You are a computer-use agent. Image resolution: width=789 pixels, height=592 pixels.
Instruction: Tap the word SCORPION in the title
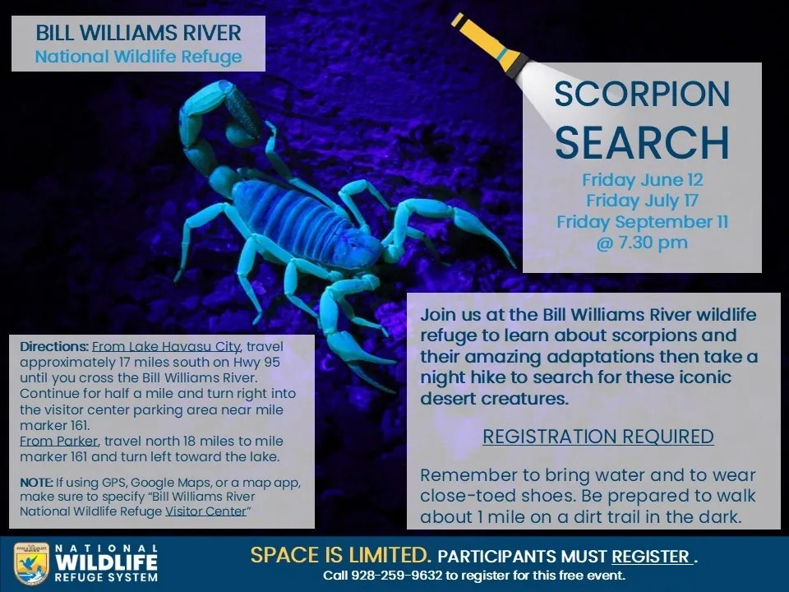[642, 94]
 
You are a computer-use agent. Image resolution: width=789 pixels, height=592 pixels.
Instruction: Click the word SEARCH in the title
[642, 142]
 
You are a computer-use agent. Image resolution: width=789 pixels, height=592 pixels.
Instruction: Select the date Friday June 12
[643, 180]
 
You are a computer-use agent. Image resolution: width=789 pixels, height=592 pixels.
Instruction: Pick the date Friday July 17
[642, 201]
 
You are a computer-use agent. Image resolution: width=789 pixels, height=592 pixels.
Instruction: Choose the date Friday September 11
[642, 221]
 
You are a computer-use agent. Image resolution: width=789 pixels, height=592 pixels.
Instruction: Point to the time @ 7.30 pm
[642, 242]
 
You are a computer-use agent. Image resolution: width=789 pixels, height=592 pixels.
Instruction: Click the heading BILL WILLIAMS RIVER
[138, 33]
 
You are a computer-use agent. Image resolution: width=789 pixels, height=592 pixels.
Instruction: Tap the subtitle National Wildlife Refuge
[138, 57]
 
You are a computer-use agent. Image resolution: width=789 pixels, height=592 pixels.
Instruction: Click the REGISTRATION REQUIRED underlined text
[598, 437]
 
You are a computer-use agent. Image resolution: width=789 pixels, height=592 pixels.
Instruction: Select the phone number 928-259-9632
[396, 575]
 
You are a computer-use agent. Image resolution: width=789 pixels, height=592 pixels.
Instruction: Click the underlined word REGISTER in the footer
[652, 557]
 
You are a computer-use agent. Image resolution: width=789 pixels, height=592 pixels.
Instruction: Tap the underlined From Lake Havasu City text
[166, 346]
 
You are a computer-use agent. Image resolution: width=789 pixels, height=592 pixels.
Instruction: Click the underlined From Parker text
[58, 441]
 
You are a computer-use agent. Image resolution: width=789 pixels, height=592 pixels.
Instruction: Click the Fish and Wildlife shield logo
[32, 563]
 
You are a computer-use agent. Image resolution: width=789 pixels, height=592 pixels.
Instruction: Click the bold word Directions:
[54, 346]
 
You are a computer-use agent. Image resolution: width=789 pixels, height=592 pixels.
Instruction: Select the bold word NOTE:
[36, 483]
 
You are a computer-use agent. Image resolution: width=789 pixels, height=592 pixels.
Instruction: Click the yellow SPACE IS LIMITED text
[340, 555]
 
